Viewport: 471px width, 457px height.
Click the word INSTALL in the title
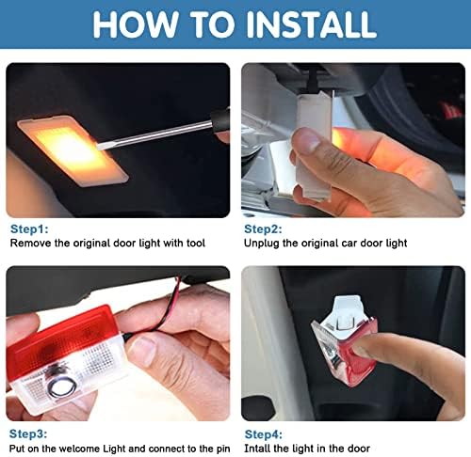[311, 24]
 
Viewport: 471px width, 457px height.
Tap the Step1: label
[29, 229]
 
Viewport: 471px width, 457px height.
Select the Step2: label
[263, 229]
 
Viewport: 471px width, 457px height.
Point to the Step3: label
[28, 433]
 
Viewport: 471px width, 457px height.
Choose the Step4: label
[264, 434]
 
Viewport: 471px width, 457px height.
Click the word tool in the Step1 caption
[196, 244]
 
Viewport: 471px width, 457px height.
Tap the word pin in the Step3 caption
[223, 449]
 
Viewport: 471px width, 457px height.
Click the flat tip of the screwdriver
[99, 147]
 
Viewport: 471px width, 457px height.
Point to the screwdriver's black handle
[220, 121]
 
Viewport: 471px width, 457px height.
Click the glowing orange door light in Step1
[73, 150]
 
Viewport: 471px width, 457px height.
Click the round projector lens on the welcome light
[61, 387]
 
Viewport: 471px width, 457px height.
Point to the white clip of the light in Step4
[346, 312]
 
